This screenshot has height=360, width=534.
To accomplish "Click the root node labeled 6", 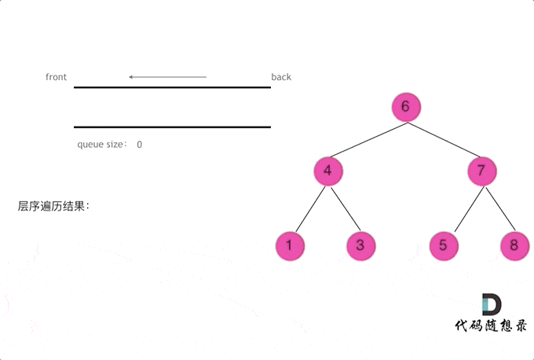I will point(405,107).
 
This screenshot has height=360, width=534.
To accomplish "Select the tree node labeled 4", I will point(328,171).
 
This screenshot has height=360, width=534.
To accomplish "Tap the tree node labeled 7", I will point(482,171).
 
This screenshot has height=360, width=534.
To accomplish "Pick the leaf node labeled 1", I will point(290,245).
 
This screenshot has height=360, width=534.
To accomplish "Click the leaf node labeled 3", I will point(360,245).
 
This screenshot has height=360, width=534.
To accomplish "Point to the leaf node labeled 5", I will point(444,245).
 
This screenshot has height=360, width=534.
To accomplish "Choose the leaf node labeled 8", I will point(514,245).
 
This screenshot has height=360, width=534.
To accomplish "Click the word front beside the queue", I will point(56,77).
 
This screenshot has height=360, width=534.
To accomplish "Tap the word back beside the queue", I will point(281,77).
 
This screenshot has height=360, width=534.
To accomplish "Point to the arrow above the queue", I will point(167,77).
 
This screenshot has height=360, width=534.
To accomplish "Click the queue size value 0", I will point(139,145).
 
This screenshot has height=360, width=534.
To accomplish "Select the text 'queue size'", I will point(100,145).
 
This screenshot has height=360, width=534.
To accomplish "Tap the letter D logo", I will point(492,305).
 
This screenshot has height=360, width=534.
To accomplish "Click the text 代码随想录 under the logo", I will point(491,326).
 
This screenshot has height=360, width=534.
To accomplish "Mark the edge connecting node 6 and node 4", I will point(367,139).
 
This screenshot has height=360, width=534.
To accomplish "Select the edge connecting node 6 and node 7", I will point(444,139).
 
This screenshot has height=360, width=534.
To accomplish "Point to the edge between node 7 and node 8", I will point(499,208).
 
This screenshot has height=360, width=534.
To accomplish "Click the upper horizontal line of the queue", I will point(172,87).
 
